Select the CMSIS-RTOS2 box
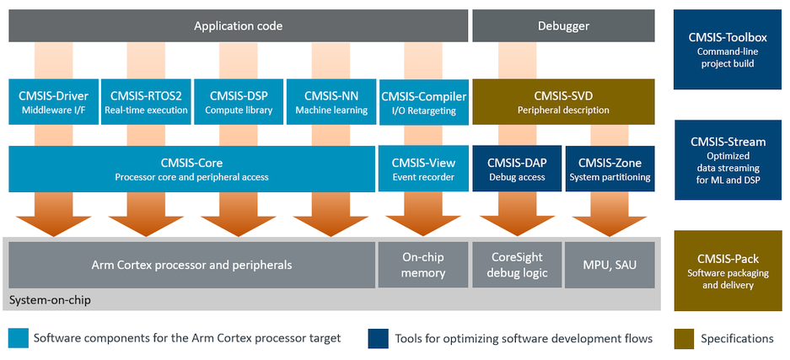tap(146, 102)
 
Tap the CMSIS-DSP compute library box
tap(239, 102)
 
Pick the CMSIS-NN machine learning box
tap(331, 102)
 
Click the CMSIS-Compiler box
tap(424, 102)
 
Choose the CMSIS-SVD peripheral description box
tap(563, 102)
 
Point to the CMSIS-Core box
tap(192, 169)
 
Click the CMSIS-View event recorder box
tap(424, 169)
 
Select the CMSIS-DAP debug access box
tap(517, 169)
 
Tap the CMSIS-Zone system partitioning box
tap(610, 169)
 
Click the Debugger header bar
tap(563, 25)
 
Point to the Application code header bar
tap(239, 25)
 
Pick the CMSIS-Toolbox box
tap(727, 50)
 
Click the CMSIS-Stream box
tap(728, 160)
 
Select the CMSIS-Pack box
tap(728, 271)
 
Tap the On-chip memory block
tap(424, 265)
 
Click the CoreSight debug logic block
tap(517, 265)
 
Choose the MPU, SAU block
tap(610, 265)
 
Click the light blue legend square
tap(19, 339)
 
